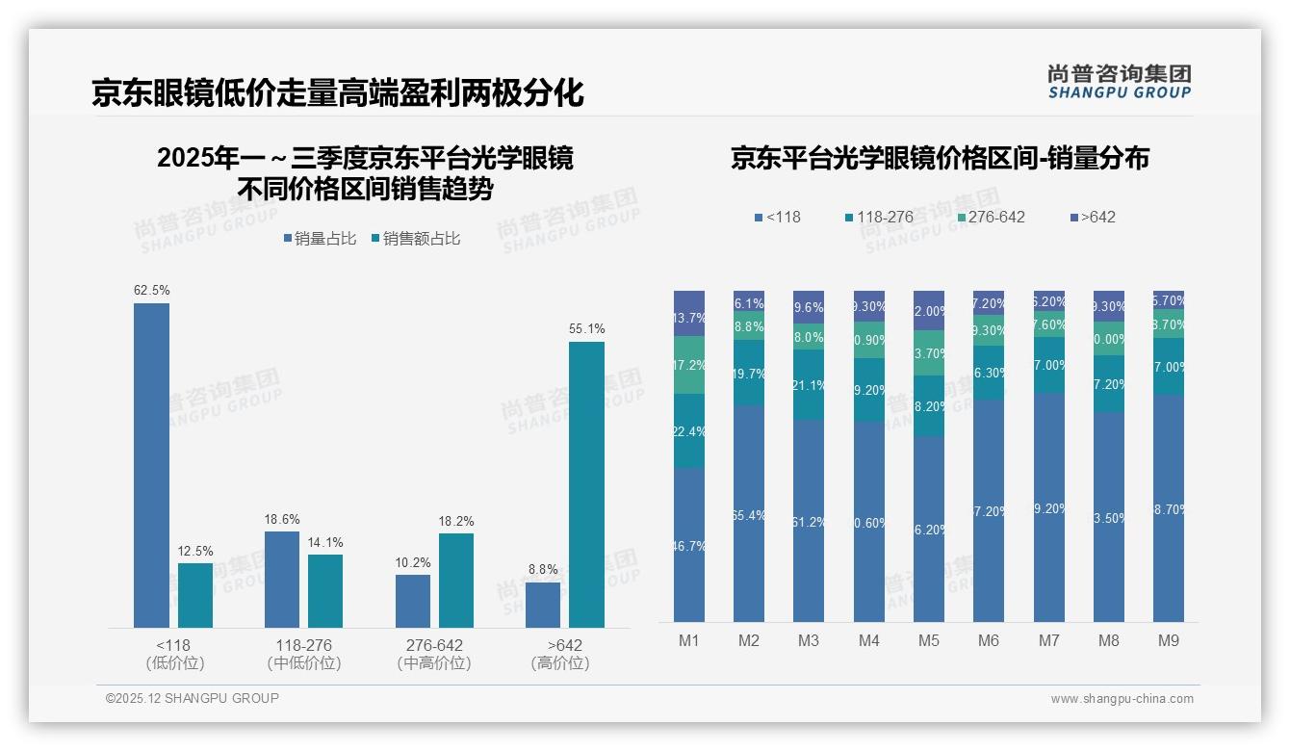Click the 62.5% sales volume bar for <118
[x=151, y=465]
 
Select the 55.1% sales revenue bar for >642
[x=586, y=484]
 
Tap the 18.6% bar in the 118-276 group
[x=282, y=580]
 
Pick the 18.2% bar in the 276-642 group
[x=456, y=581]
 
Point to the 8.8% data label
[x=543, y=569]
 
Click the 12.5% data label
[x=195, y=551]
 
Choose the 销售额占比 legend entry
[x=415, y=238]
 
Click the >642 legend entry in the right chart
[x=1093, y=217]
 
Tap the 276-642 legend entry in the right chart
[x=991, y=217]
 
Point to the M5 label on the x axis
[x=928, y=640]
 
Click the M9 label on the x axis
[x=1168, y=640]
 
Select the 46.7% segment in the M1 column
[x=689, y=545]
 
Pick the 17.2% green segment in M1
[x=689, y=365]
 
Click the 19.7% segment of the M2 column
[x=749, y=373]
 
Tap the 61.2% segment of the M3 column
[x=809, y=521]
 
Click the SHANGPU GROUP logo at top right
[x=1120, y=82]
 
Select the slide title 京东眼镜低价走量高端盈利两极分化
[x=338, y=92]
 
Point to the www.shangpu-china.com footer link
[x=1122, y=699]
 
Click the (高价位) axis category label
[x=559, y=663]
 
